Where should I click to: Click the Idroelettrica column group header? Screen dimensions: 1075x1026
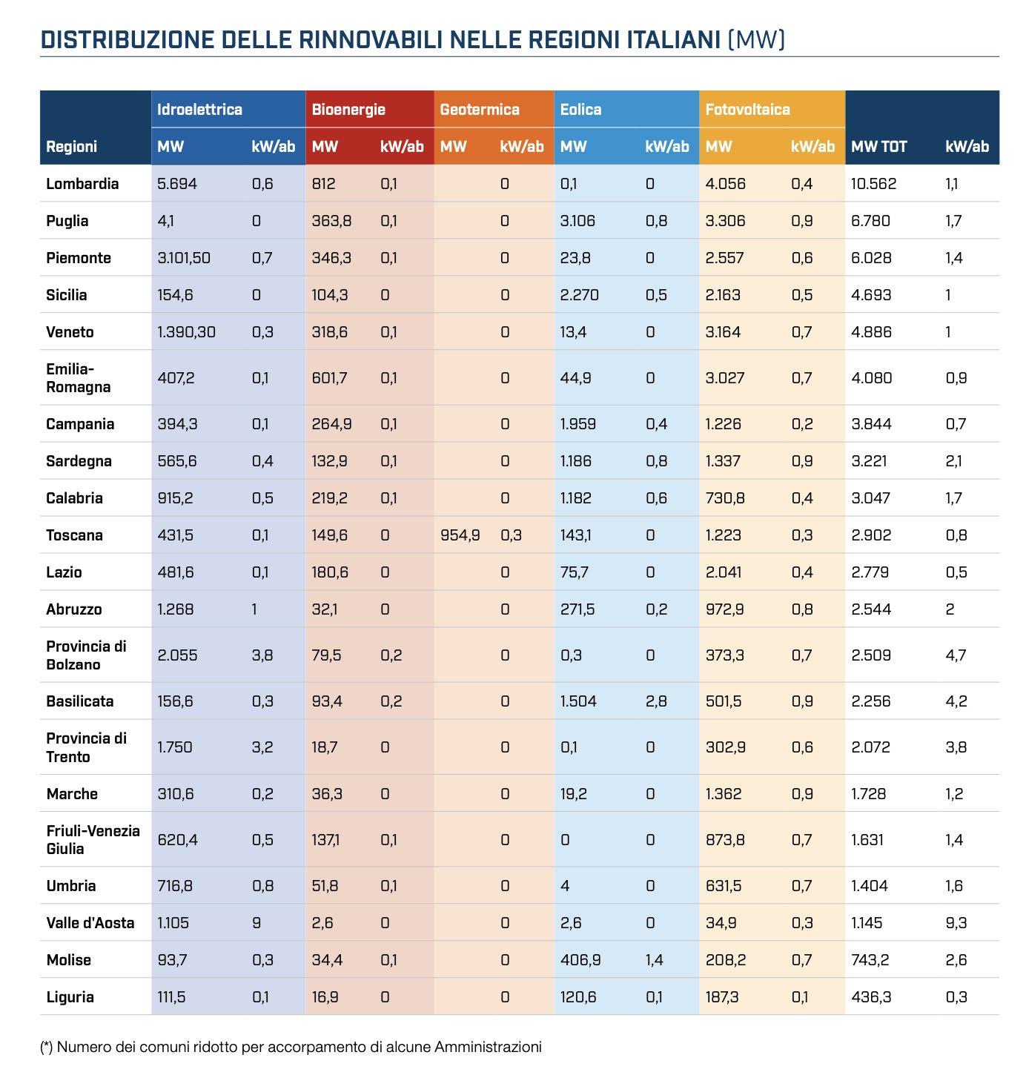click(x=199, y=110)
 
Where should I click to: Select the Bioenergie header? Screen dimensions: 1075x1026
click(x=348, y=110)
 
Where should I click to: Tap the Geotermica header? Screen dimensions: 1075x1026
click(x=480, y=110)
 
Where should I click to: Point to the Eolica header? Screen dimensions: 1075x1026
click(x=580, y=110)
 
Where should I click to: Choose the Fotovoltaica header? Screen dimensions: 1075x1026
click(x=747, y=110)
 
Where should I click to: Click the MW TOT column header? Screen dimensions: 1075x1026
click(x=878, y=147)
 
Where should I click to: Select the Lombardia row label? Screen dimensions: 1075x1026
click(x=82, y=184)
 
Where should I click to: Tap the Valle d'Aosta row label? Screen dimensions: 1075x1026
click(x=90, y=923)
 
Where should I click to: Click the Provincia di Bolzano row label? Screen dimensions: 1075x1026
click(x=86, y=655)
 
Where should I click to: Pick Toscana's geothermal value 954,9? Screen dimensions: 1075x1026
click(x=460, y=535)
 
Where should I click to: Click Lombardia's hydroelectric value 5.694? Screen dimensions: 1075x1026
click(x=177, y=184)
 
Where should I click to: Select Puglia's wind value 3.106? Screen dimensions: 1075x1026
click(x=577, y=221)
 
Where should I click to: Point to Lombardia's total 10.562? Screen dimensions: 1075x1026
click(x=873, y=184)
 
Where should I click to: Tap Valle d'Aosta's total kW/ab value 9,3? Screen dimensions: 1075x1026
click(x=956, y=923)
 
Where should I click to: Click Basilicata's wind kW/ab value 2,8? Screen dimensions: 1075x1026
click(x=656, y=701)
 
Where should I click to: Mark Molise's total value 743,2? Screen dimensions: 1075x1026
click(x=871, y=960)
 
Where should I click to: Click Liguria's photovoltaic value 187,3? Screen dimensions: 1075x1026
click(x=722, y=997)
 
